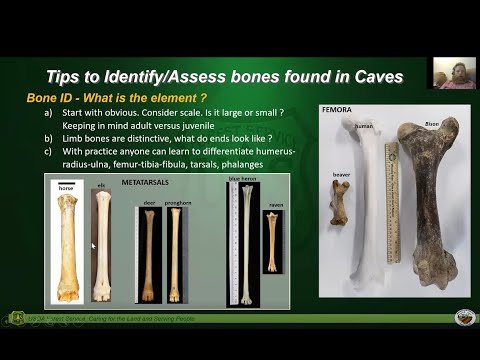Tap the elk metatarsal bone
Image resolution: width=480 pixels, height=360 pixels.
[101, 243]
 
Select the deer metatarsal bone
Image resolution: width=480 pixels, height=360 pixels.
[149, 254]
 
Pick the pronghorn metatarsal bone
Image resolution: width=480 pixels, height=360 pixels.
[175, 254]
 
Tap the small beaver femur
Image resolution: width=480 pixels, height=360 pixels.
[338, 201]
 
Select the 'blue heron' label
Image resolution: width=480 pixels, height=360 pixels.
[242, 178]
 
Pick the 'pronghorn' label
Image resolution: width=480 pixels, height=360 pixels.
[177, 202]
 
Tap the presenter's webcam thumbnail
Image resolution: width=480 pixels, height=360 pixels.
[452, 73]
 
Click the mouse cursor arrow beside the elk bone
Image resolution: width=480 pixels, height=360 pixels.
[93, 245]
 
